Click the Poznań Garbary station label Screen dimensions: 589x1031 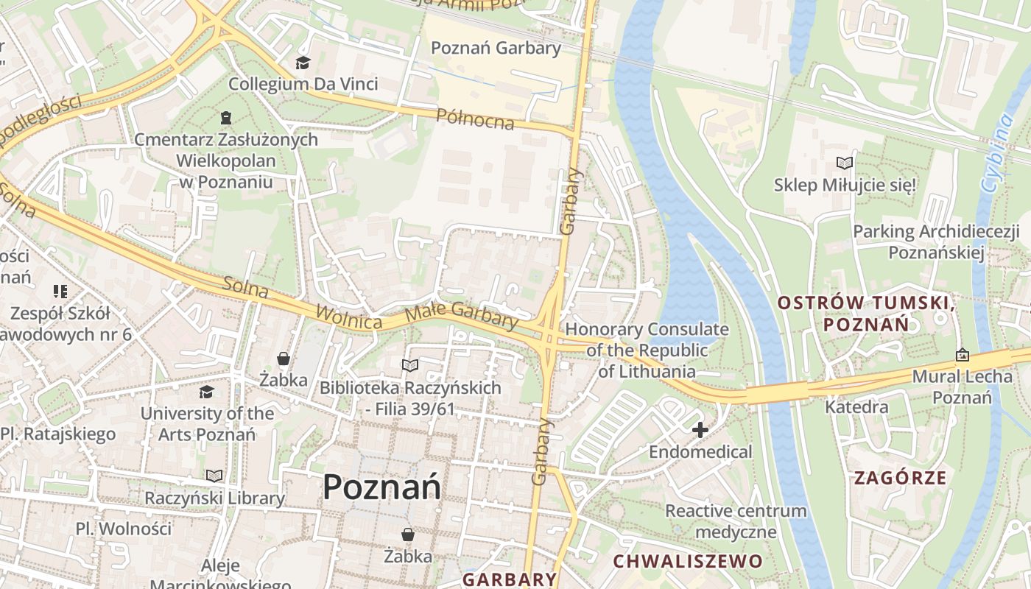click(x=496, y=49)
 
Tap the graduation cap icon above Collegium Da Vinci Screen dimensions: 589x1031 click(x=303, y=63)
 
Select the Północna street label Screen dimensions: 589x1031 click(x=475, y=119)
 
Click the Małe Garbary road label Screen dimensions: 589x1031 click(x=462, y=315)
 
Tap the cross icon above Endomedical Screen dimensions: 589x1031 click(x=700, y=429)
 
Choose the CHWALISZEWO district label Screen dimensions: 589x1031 click(x=688, y=561)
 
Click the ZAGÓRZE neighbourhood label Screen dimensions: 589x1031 click(x=900, y=478)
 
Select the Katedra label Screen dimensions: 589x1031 click(x=856, y=406)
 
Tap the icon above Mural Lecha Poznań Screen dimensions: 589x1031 click(x=962, y=356)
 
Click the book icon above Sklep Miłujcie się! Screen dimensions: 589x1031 click(x=844, y=163)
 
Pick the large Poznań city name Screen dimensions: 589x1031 click(x=381, y=487)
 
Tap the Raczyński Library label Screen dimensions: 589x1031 click(x=214, y=498)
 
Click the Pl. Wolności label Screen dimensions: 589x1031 click(x=123, y=529)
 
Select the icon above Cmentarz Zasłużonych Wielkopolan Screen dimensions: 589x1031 click(x=225, y=118)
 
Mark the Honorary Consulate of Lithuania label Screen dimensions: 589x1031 click(x=647, y=350)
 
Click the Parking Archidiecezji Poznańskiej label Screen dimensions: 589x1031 click(x=936, y=242)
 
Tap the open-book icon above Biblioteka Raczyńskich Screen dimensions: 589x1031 click(x=409, y=365)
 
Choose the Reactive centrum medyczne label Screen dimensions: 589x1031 click(x=736, y=521)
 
